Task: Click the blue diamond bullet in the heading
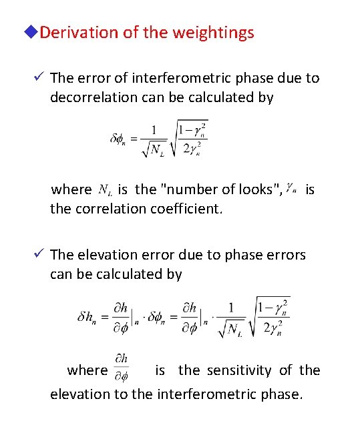tap(33, 33)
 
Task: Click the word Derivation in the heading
tap(79, 33)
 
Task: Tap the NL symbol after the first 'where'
tap(105, 189)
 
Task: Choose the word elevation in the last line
tap(79, 394)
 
